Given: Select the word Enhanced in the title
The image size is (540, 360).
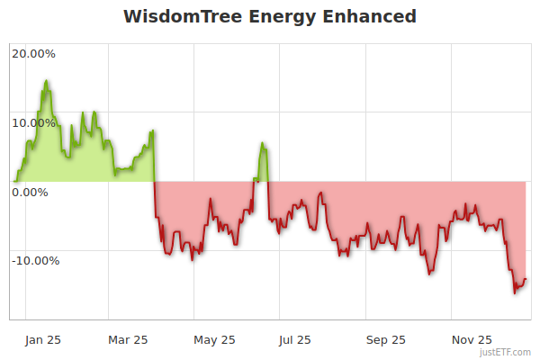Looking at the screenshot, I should point(370,17).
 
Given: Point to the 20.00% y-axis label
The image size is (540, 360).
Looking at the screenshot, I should point(33,53).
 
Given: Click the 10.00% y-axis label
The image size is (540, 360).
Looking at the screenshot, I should point(33,122).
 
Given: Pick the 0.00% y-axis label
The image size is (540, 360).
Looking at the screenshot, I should point(30,192).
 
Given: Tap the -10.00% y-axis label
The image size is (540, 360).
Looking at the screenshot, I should point(35,261).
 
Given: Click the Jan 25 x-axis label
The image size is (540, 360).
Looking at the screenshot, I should point(43,339).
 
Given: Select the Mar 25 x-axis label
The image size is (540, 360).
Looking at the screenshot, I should point(127,339).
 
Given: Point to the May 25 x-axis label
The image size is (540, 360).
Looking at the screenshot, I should point(213,339).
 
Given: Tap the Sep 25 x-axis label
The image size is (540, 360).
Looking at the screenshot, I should point(384,339).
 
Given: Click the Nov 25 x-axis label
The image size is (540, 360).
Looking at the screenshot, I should point(471,339).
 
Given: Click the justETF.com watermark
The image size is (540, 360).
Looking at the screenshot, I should point(506,352).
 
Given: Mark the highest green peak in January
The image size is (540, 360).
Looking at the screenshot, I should point(46,81).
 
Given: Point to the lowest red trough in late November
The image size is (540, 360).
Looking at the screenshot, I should point(515,292).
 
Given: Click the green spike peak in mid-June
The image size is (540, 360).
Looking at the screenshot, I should point(262,143).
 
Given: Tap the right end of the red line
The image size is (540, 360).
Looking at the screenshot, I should point(526,279).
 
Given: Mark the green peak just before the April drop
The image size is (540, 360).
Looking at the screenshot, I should point(153,130).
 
